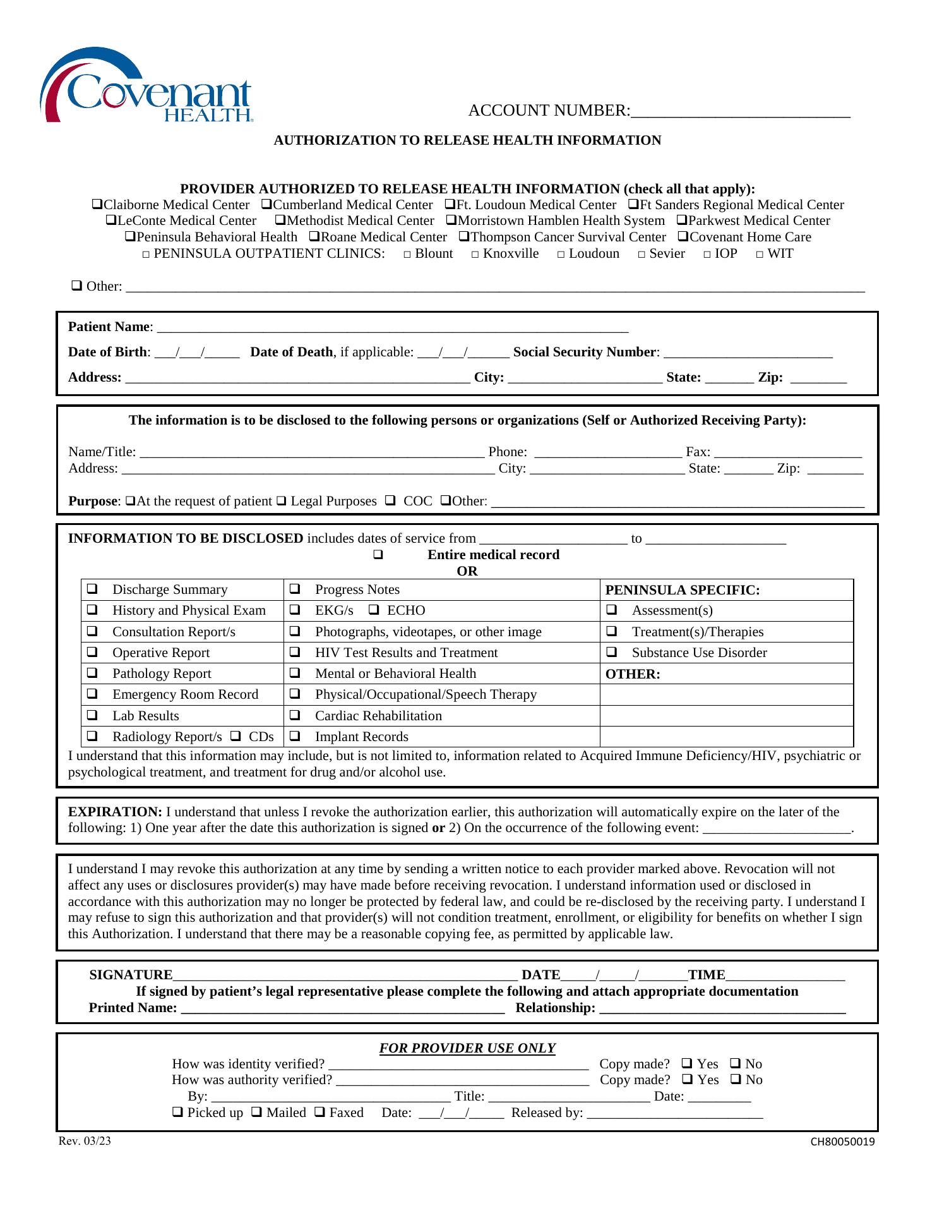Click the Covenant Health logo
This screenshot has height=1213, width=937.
click(x=146, y=86)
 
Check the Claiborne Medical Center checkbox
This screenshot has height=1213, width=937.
click(x=97, y=205)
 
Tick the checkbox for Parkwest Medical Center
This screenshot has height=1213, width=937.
click(x=682, y=220)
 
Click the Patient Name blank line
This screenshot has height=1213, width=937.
click(x=391, y=329)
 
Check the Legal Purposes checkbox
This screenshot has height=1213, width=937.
click(x=281, y=502)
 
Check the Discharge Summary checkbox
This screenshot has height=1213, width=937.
click(x=92, y=589)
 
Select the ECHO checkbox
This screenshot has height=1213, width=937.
click(x=374, y=610)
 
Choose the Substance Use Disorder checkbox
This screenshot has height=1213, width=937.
click(x=611, y=652)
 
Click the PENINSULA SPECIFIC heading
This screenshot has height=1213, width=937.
click(x=683, y=590)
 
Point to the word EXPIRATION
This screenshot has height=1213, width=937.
click(x=115, y=812)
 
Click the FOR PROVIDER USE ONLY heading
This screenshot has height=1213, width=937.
click(x=467, y=1048)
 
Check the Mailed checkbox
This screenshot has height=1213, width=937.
click(x=256, y=1113)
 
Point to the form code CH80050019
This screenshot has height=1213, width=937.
click(x=843, y=1142)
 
